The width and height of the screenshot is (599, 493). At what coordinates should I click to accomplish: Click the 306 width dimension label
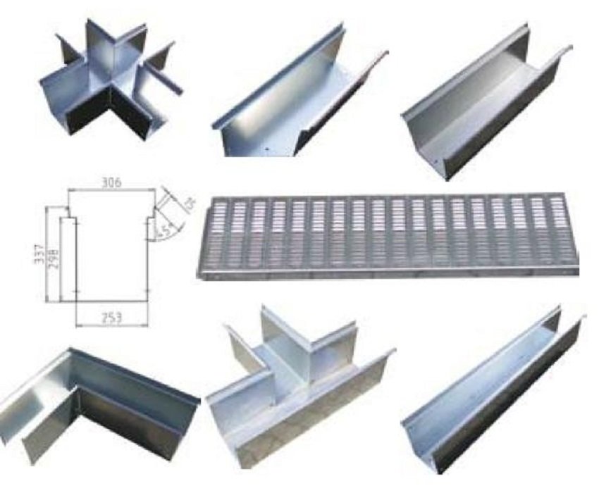(111, 182)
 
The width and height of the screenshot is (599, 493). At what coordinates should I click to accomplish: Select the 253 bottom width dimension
(111, 318)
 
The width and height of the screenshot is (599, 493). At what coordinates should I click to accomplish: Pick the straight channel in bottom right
(493, 394)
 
